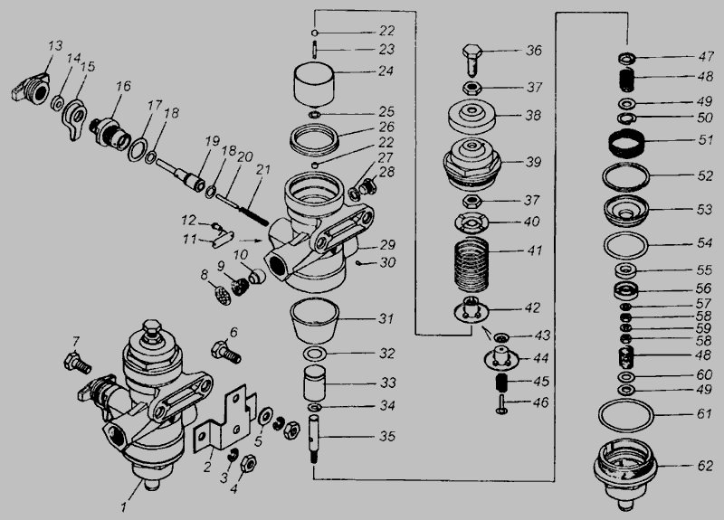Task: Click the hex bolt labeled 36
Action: coord(472,60)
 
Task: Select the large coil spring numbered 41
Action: coord(471,265)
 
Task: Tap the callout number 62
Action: coord(705,466)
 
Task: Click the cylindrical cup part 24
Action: coord(314,85)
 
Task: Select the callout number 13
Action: coord(55,46)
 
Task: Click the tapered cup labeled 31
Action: coord(314,320)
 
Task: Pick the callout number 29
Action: coord(388,244)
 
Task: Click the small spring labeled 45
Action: coord(501,382)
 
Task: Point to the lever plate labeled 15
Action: coord(73,119)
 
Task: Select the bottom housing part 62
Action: coord(625,473)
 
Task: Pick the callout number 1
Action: coord(124,507)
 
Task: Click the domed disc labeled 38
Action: coord(472,117)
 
